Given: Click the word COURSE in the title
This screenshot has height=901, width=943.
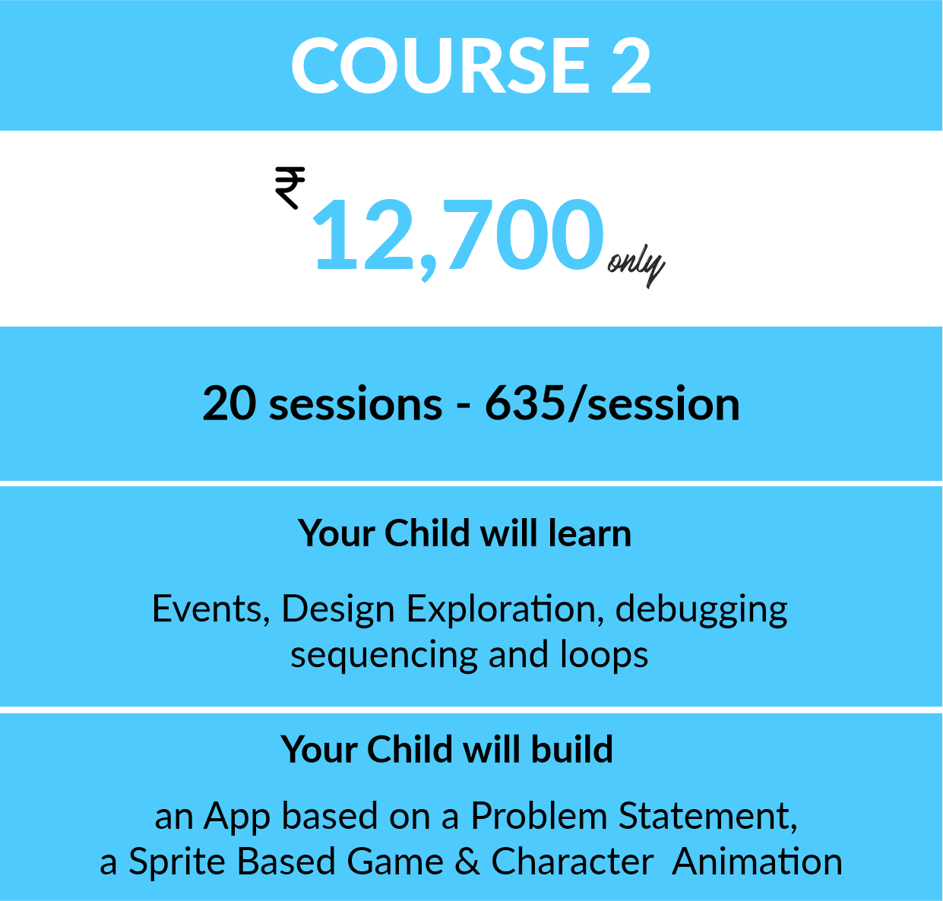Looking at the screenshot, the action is (x=441, y=65).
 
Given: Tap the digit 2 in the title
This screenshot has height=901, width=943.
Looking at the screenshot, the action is (x=631, y=65).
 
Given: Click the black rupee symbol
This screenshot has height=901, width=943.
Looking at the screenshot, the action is (x=290, y=188).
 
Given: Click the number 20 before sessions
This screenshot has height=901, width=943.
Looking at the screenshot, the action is (x=229, y=403).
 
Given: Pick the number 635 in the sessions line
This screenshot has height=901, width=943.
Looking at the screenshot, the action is (x=525, y=403).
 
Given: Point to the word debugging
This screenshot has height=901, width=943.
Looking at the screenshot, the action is (x=701, y=610).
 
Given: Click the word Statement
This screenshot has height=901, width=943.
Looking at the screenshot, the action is (x=708, y=817).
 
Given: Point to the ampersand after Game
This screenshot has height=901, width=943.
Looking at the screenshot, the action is (x=467, y=861).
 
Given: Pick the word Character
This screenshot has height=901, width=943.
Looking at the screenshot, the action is (x=572, y=861).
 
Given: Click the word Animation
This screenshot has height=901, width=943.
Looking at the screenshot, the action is (x=757, y=861).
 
